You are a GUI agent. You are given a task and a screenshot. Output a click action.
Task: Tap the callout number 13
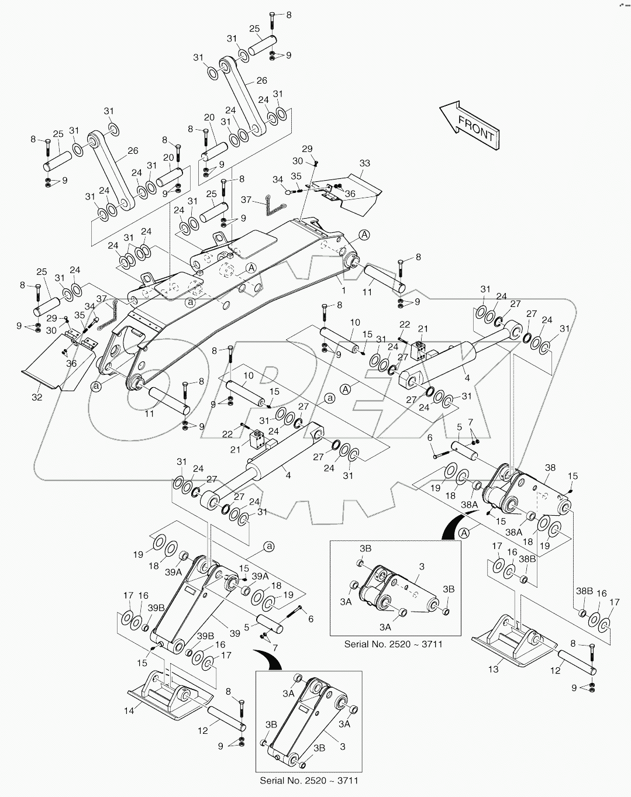pos(494,669)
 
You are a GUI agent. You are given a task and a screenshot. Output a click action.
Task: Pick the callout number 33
pos(364,164)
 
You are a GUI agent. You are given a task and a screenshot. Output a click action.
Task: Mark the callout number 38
pos(550,468)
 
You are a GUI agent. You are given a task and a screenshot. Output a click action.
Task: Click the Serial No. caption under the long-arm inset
pos(308,780)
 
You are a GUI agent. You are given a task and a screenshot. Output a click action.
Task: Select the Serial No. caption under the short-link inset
pos(393,644)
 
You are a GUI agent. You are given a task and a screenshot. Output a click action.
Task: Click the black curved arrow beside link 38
pos(453,523)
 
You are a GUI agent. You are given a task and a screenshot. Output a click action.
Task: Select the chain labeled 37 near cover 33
pos(273,205)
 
